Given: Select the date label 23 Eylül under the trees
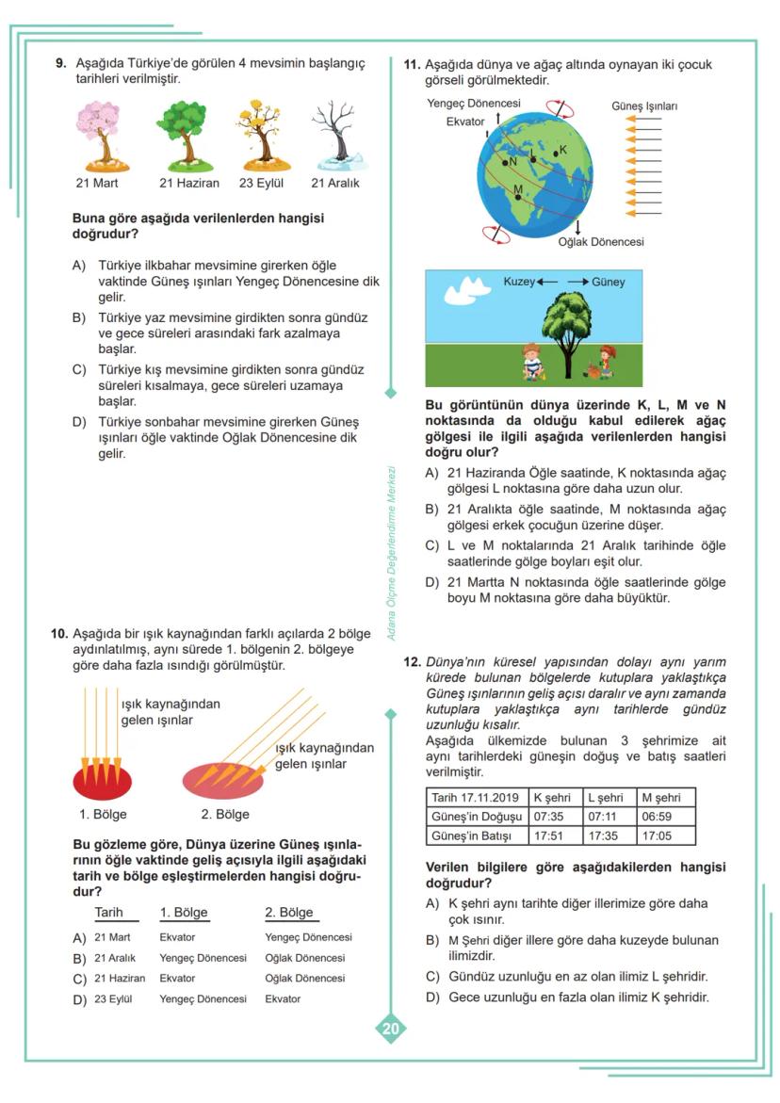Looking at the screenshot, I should coord(261,183).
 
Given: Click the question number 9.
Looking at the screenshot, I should coord(60,64).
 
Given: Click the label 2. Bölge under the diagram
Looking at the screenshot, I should coord(225,814).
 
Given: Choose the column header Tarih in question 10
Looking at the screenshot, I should coord(109,913).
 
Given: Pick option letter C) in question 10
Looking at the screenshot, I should coord(79,979).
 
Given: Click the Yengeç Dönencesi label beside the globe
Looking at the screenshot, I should coord(474,103).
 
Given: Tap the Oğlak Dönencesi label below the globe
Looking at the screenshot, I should coord(601,242).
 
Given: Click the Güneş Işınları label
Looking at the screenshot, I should coord(644,106).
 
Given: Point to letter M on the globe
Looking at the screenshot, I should coord(517,189).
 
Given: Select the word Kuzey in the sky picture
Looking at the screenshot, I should coord(519,282).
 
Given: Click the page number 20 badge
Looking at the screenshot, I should coord(390,1029).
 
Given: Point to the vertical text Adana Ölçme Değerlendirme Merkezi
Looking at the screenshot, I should coord(392,555).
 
